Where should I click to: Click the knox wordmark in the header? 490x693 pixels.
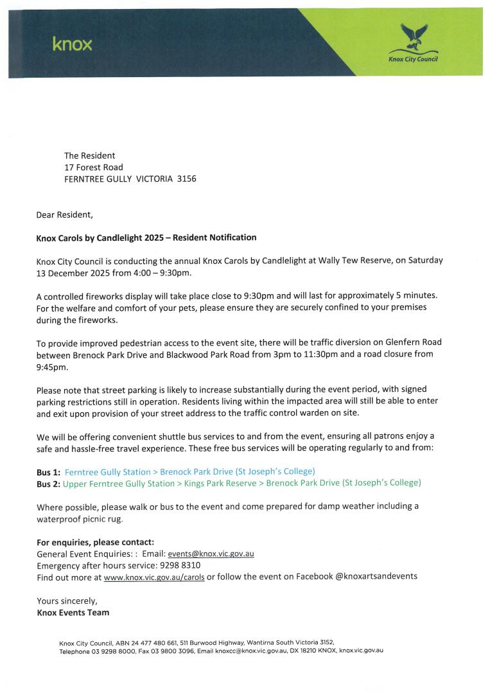click(72, 44)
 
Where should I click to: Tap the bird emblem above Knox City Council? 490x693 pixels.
click(413, 39)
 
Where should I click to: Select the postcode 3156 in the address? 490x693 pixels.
click(186, 179)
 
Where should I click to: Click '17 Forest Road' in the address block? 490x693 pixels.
click(93, 167)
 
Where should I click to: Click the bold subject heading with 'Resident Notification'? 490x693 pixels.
click(146, 238)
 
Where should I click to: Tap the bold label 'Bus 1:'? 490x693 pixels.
click(48, 471)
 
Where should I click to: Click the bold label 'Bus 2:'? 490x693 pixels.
click(48, 484)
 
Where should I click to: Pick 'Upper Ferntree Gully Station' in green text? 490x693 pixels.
click(118, 484)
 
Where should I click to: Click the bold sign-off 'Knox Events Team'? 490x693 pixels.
click(73, 612)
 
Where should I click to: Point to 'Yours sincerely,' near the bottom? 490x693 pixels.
click(67, 601)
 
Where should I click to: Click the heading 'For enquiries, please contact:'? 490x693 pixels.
click(96, 541)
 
